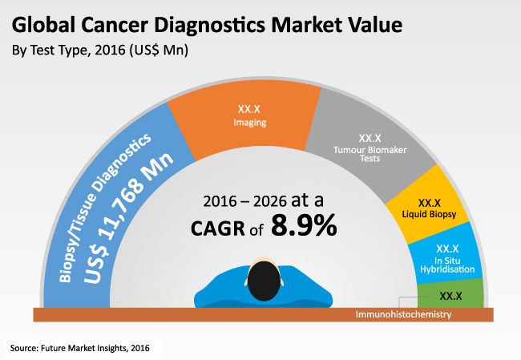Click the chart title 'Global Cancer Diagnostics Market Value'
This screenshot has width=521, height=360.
click(x=206, y=24)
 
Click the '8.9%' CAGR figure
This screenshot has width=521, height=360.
click(x=304, y=227)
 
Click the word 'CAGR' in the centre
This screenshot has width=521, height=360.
click(x=216, y=229)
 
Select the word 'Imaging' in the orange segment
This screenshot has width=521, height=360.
click(x=251, y=123)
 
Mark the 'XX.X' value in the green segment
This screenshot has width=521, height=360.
click(x=451, y=296)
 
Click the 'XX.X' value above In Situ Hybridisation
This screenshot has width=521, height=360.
click(x=446, y=249)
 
